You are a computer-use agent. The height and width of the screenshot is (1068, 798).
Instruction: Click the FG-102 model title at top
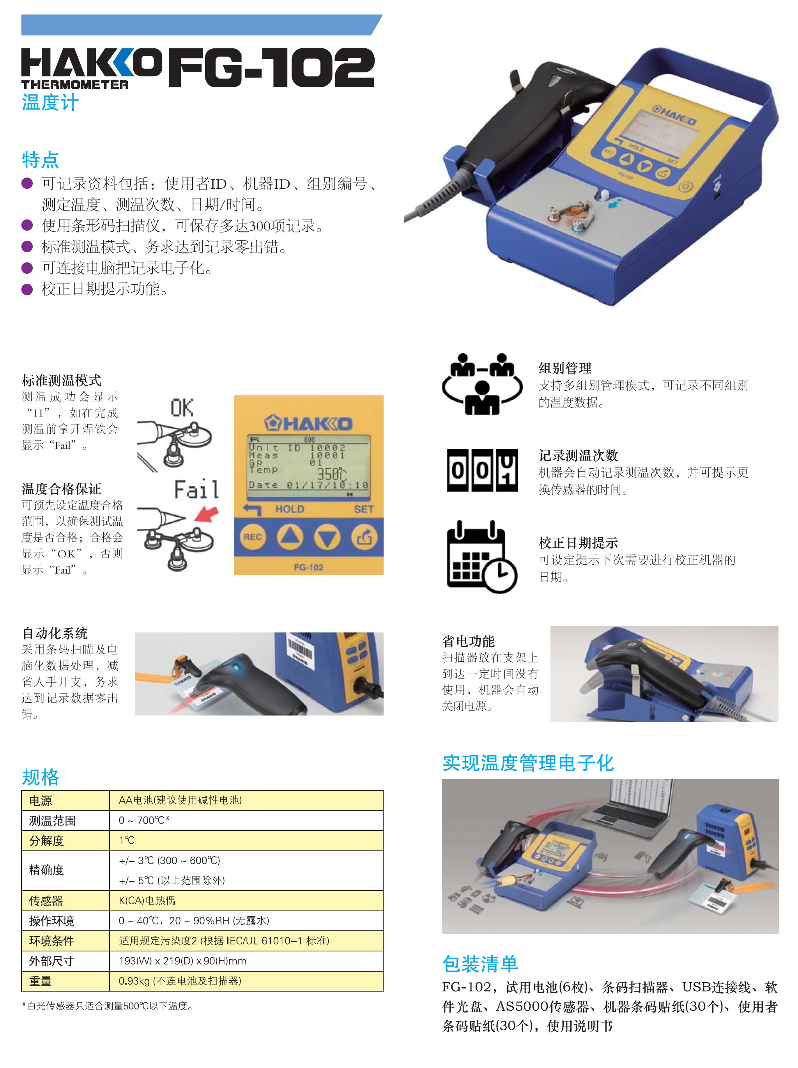point(271,67)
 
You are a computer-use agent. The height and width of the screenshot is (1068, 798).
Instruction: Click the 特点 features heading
point(40,160)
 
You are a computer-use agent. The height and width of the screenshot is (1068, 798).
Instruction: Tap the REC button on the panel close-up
point(252,537)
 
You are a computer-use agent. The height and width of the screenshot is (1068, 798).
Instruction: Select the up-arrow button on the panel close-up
point(290,537)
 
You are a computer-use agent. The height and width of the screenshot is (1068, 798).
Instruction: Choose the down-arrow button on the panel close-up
point(327,537)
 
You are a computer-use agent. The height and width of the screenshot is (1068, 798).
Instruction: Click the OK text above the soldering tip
point(182,408)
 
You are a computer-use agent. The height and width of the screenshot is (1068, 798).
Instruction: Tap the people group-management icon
point(482,384)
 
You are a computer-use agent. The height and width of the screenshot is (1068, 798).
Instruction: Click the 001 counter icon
point(482,470)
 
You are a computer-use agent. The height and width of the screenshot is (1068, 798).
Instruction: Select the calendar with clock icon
point(482,557)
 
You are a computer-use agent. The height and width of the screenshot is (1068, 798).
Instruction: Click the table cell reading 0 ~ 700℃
point(144,820)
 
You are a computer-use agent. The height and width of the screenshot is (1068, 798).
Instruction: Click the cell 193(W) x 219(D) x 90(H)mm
point(182,961)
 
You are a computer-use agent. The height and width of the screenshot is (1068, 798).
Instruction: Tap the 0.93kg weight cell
point(180,981)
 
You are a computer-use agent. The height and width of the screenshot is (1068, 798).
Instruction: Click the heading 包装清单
point(480,964)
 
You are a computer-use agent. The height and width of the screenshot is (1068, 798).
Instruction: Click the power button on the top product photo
point(686,186)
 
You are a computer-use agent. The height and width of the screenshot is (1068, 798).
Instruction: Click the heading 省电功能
point(468,641)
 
